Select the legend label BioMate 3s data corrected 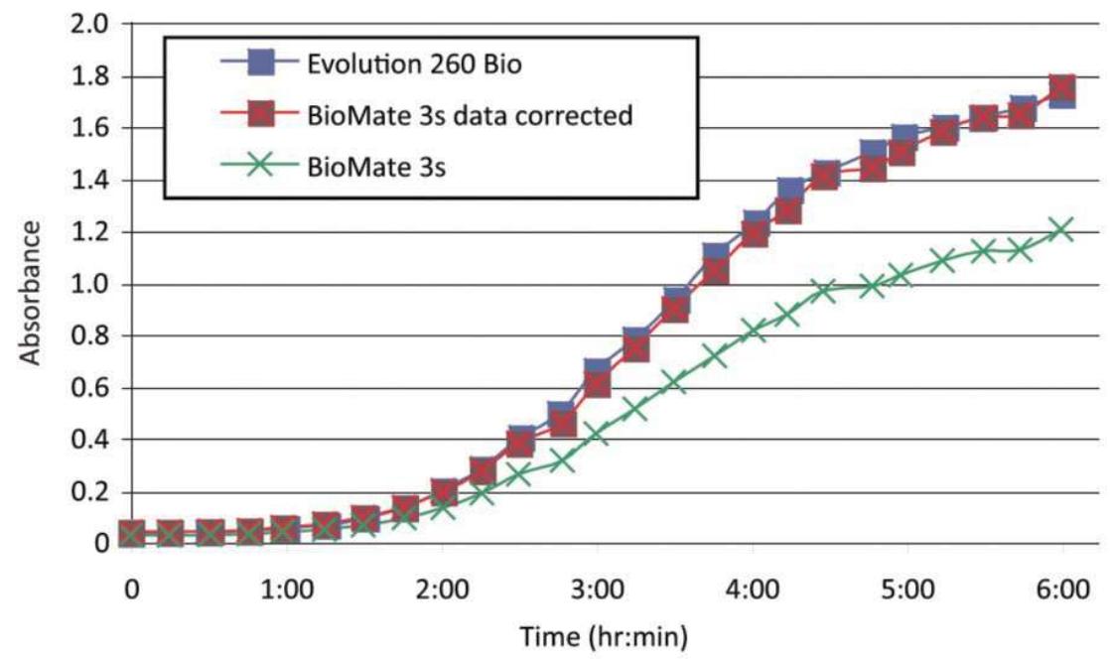[470, 116]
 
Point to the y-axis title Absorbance [33, 293]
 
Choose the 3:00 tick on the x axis [598, 590]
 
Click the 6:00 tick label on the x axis [1062, 590]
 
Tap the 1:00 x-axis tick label [287, 590]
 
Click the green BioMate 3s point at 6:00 [1062, 229]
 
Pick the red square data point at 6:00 [1062, 88]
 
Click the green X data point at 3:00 [598, 433]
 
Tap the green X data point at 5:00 [902, 274]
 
